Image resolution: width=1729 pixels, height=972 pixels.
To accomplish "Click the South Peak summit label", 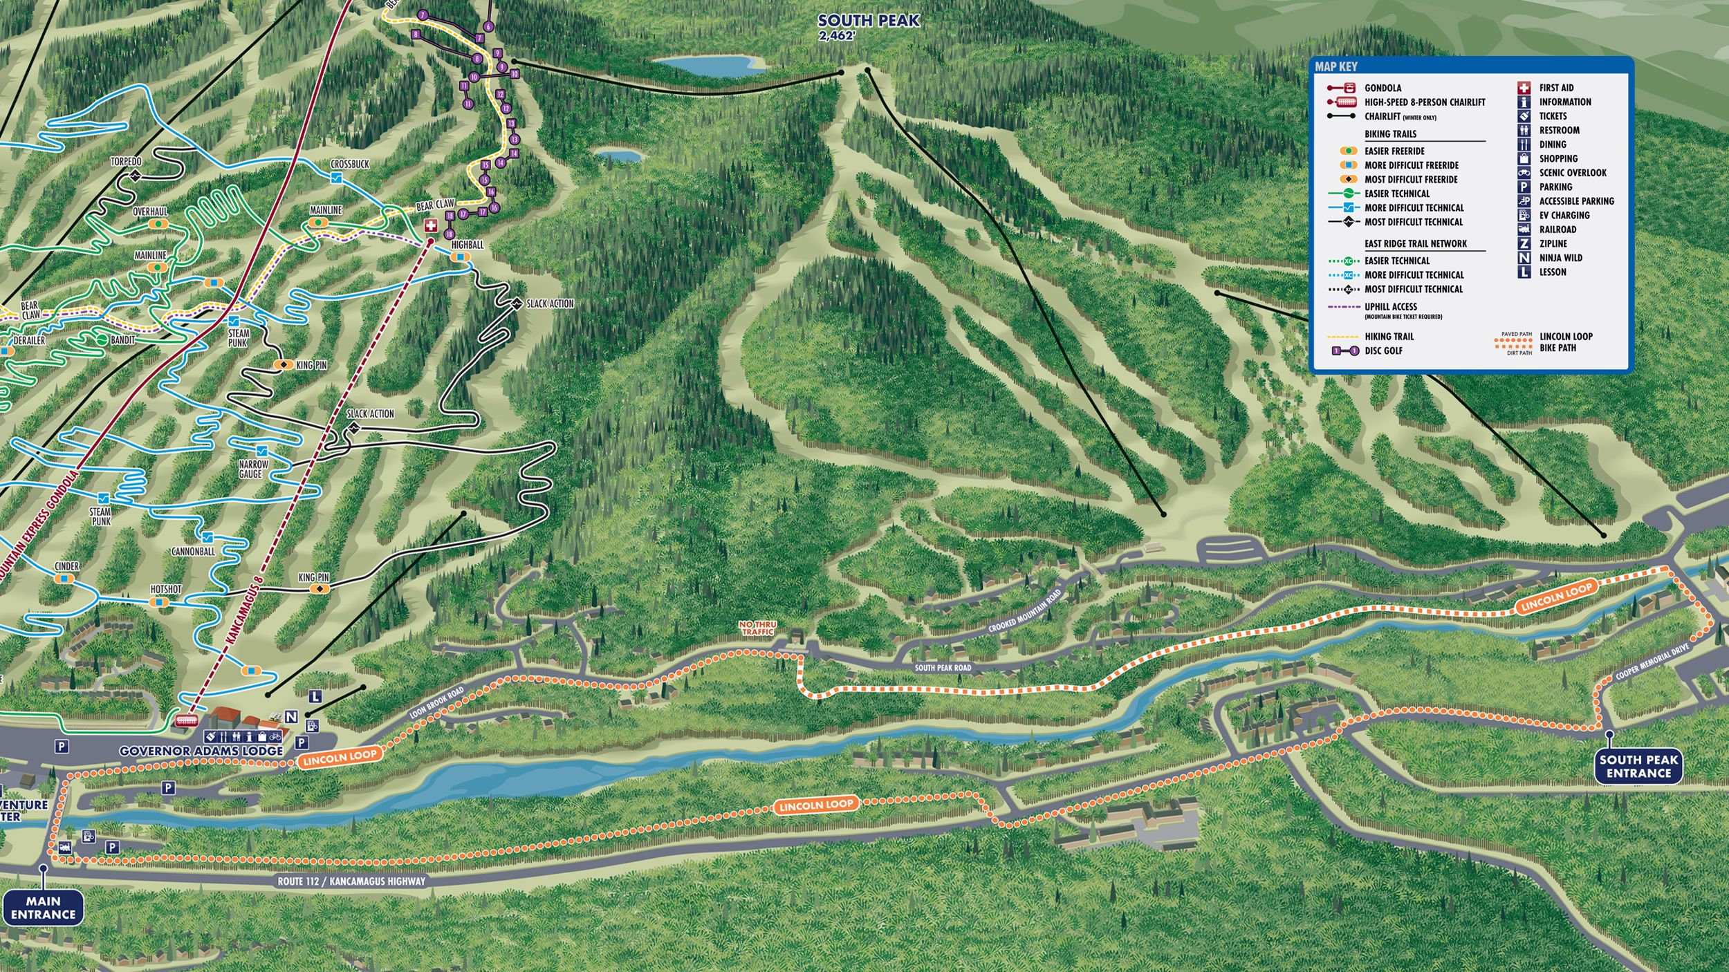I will click(868, 21).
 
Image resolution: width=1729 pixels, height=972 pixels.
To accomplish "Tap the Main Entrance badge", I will click(43, 908).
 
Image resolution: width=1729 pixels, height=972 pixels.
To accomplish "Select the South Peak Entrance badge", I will click(1638, 767).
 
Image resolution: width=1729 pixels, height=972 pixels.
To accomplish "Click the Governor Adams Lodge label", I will click(201, 751).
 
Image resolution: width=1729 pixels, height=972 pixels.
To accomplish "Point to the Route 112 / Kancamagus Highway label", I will click(351, 881).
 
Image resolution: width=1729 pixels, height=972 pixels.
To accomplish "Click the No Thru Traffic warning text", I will click(757, 628).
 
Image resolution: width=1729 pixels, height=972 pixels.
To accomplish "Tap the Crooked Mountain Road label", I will click(1024, 611).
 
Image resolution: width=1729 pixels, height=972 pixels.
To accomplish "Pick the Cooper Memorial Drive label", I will click(1653, 662).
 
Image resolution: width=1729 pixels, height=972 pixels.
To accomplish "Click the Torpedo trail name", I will click(126, 162).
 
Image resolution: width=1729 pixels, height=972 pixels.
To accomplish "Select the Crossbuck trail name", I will click(350, 165).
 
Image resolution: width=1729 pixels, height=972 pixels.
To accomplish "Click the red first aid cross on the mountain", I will click(430, 226).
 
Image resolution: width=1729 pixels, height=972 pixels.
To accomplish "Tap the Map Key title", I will click(1335, 67).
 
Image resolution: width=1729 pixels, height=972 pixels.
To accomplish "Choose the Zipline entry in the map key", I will click(1553, 243).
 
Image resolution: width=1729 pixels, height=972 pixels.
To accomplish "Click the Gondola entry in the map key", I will click(1383, 88).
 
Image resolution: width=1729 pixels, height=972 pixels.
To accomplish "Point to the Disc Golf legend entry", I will click(1383, 351).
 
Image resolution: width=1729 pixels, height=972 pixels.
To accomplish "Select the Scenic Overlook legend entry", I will click(1572, 173).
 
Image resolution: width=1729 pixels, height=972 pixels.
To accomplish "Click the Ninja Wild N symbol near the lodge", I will click(291, 717).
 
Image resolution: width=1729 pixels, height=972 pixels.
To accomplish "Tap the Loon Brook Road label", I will click(436, 703).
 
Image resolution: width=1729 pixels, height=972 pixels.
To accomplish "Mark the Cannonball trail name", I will click(193, 552).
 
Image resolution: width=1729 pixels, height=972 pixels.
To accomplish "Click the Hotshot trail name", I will click(166, 590).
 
